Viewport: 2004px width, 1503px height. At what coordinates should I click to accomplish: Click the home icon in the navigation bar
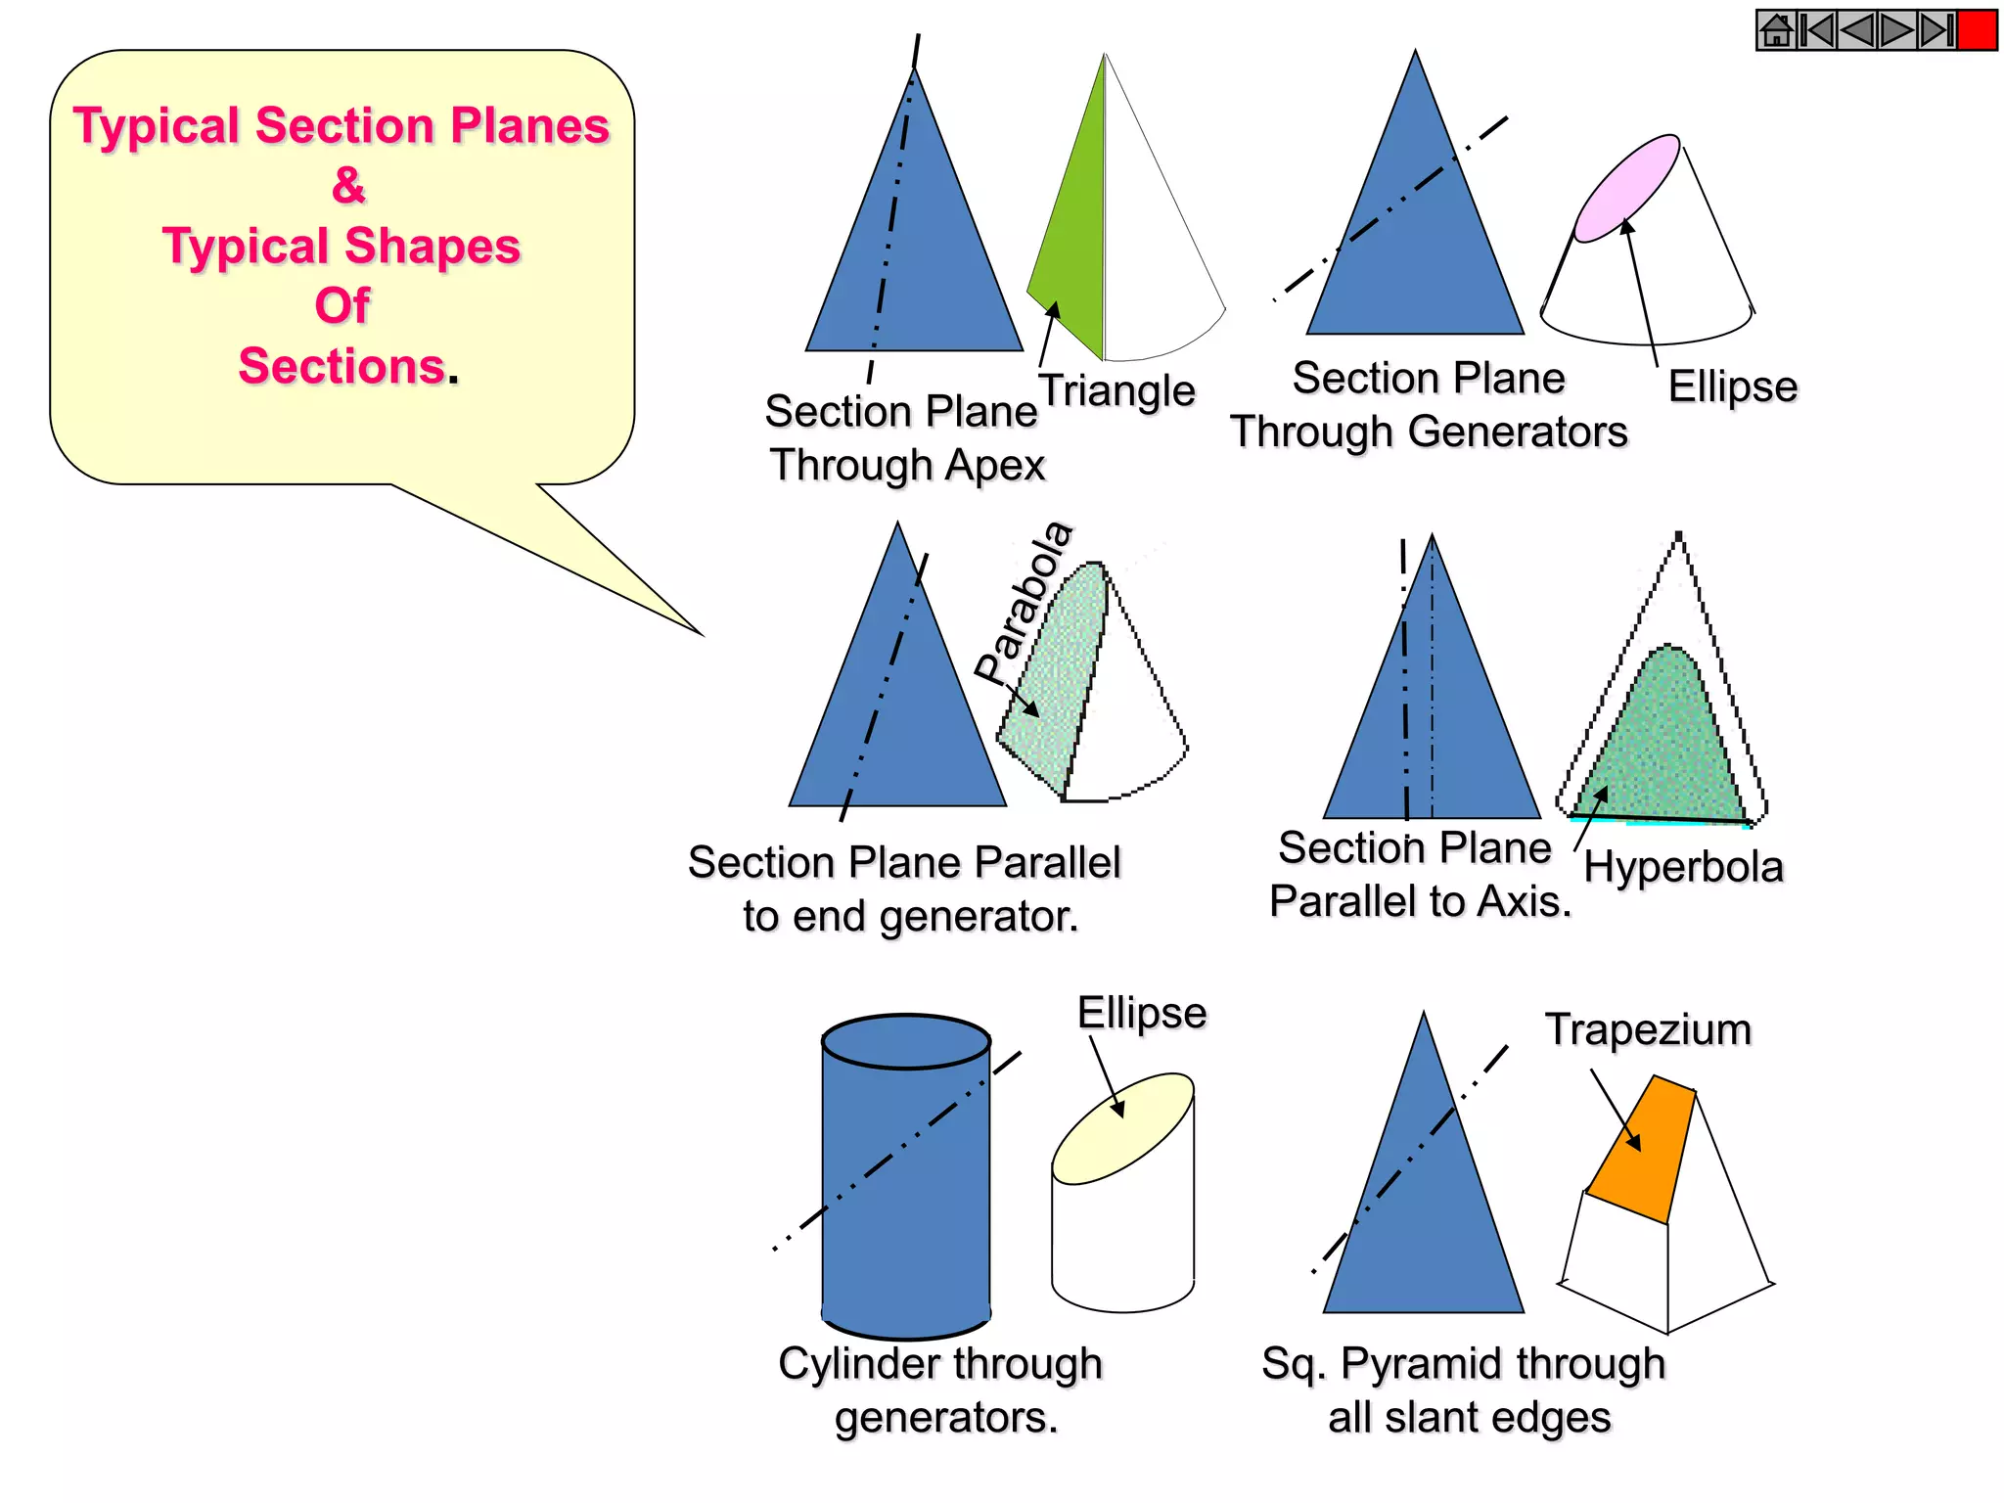[1776, 30]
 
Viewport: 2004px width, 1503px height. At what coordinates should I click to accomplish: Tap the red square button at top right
[1977, 30]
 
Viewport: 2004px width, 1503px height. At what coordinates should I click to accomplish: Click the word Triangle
[1116, 390]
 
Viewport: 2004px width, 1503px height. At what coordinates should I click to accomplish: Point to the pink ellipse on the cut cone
[1626, 188]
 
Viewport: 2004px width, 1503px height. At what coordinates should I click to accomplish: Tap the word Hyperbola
[1683, 867]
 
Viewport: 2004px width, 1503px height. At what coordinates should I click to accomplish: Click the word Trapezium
[1648, 1029]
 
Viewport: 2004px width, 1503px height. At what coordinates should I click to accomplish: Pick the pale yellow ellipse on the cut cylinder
[1122, 1127]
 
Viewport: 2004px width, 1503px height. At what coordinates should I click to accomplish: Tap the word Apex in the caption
[995, 465]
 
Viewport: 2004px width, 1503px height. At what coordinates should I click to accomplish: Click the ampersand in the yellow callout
[348, 185]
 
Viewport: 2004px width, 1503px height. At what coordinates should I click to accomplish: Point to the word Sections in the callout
[342, 366]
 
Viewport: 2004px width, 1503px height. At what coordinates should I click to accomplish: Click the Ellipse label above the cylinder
[1141, 1013]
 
